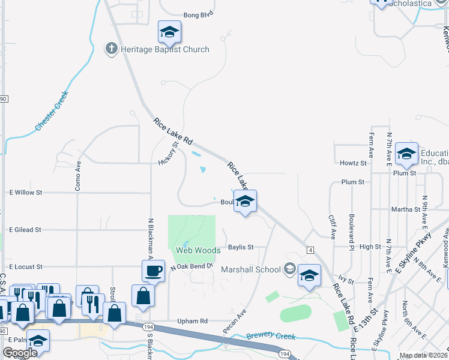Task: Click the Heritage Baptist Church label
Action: tap(164, 49)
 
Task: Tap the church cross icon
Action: tap(111, 49)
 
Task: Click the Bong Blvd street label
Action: tap(199, 13)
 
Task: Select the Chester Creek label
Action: tap(53, 111)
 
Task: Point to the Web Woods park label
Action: tap(198, 250)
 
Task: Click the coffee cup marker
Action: tap(153, 271)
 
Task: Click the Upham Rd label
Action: tap(192, 322)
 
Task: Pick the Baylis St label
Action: tap(241, 247)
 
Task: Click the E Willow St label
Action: tap(25, 193)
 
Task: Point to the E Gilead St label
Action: tap(25, 229)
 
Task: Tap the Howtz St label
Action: tap(353, 163)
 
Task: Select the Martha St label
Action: tap(405, 209)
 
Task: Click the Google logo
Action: tap(19, 353)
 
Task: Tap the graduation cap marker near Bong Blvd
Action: tap(169, 32)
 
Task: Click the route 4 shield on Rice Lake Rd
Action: tap(310, 250)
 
